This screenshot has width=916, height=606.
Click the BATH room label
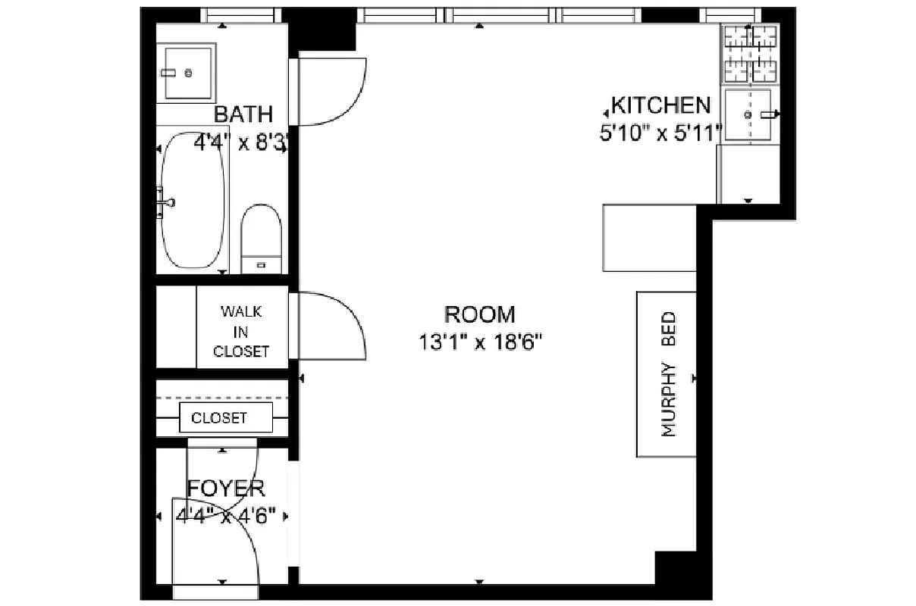(x=243, y=114)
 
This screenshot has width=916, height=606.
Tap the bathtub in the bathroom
(x=193, y=200)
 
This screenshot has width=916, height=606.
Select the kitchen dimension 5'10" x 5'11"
(x=660, y=133)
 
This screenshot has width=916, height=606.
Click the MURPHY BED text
(x=668, y=375)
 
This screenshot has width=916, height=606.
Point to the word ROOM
(x=479, y=314)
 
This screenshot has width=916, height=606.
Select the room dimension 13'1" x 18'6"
(x=479, y=342)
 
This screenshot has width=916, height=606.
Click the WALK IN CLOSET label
(x=241, y=331)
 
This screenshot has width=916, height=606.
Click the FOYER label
(x=225, y=489)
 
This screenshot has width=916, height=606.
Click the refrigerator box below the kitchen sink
(x=748, y=173)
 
